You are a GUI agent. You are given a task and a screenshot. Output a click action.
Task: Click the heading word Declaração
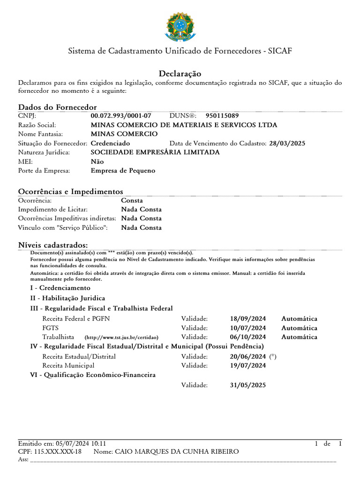[x=180, y=74]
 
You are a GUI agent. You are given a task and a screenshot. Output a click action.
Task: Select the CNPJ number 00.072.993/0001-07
[x=121, y=116]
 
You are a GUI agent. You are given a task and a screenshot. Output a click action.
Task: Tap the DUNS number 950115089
[x=222, y=116]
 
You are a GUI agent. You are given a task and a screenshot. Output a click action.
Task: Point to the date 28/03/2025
[x=287, y=143]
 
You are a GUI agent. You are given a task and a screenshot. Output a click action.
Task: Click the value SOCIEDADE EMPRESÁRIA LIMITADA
[x=155, y=152]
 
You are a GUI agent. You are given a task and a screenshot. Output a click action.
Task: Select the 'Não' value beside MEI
[x=97, y=162]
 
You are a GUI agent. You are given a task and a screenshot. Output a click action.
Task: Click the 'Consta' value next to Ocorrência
[x=132, y=201]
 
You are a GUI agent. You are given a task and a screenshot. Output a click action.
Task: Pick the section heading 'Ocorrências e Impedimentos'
[x=70, y=191]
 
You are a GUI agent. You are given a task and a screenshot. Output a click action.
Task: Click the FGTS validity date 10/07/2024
[x=248, y=328]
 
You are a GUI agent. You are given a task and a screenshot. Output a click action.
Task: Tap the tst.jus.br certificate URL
[x=121, y=337]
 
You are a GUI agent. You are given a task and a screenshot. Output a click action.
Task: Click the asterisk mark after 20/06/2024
[x=273, y=357]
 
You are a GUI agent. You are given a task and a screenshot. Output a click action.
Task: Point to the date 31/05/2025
[x=248, y=385]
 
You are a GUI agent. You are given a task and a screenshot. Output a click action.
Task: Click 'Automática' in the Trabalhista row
[x=299, y=337]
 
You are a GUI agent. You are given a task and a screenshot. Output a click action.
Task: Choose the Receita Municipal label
[x=68, y=366]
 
